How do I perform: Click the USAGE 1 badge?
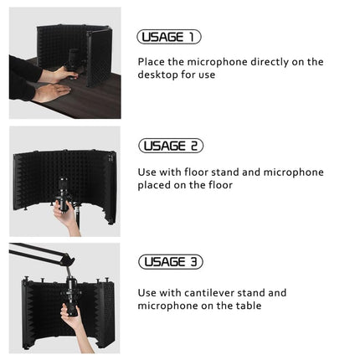[x=168, y=37]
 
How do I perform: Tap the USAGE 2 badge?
[x=171, y=146]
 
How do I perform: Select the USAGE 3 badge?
[x=171, y=262]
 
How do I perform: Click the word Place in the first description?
[x=152, y=62]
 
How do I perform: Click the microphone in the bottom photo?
[x=69, y=289]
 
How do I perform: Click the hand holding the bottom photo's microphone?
[x=72, y=321]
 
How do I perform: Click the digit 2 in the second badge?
[x=193, y=146]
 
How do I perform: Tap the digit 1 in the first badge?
[x=192, y=37]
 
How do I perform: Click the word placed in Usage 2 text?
[x=154, y=185]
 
